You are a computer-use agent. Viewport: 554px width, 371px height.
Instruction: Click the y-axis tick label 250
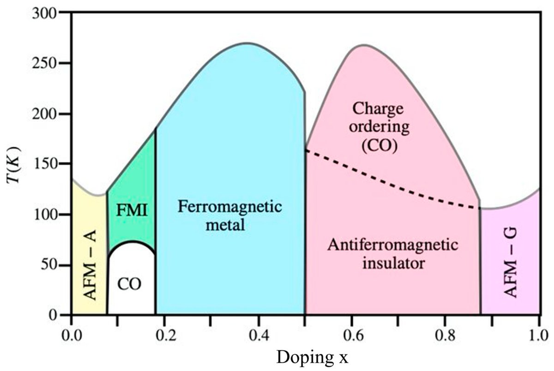coord(46,63)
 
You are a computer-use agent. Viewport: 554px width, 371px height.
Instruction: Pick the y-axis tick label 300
coord(46,13)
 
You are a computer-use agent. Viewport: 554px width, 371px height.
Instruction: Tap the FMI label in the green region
coord(132,211)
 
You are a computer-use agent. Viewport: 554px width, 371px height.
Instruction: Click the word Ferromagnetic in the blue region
coord(229,206)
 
